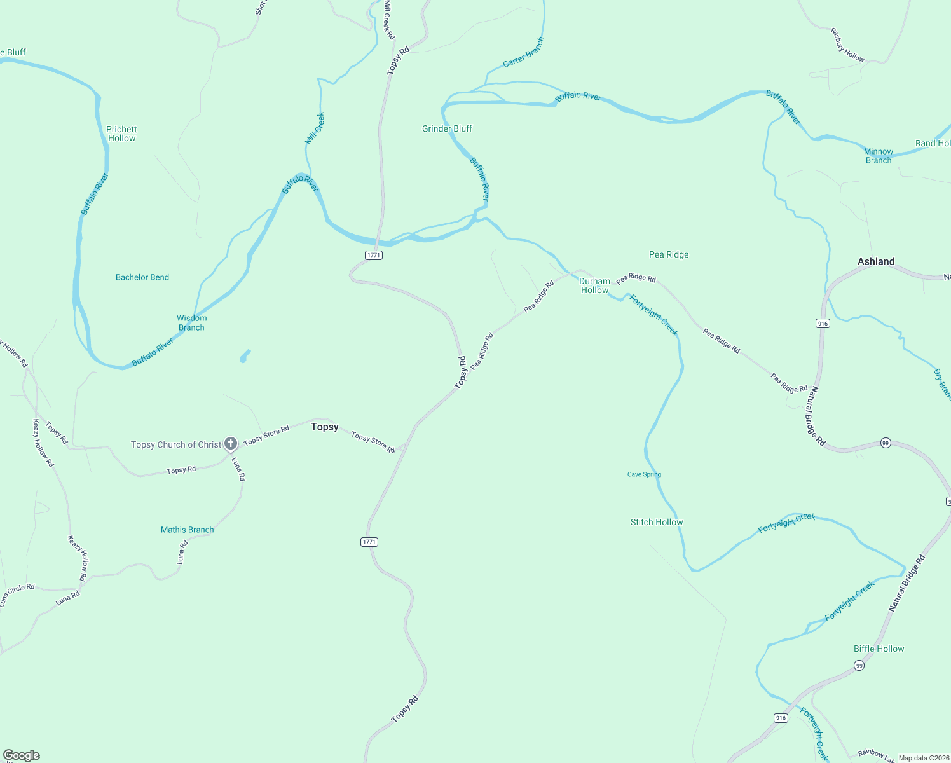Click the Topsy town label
(x=324, y=427)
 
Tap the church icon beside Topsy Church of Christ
(x=231, y=443)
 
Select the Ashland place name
(x=875, y=261)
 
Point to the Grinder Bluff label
(x=447, y=128)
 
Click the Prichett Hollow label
(x=121, y=134)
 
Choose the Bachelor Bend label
(x=142, y=277)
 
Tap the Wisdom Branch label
(x=191, y=322)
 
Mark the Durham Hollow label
(x=594, y=285)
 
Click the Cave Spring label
(x=644, y=474)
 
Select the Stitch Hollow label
(x=657, y=522)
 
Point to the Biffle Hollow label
(x=879, y=649)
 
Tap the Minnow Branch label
(x=878, y=156)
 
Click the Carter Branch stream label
(x=523, y=52)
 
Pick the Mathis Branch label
(x=187, y=530)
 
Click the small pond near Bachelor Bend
(x=245, y=356)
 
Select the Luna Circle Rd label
(x=17, y=595)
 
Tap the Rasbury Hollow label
(x=847, y=45)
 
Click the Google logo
(x=22, y=755)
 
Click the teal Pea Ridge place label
(x=669, y=254)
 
